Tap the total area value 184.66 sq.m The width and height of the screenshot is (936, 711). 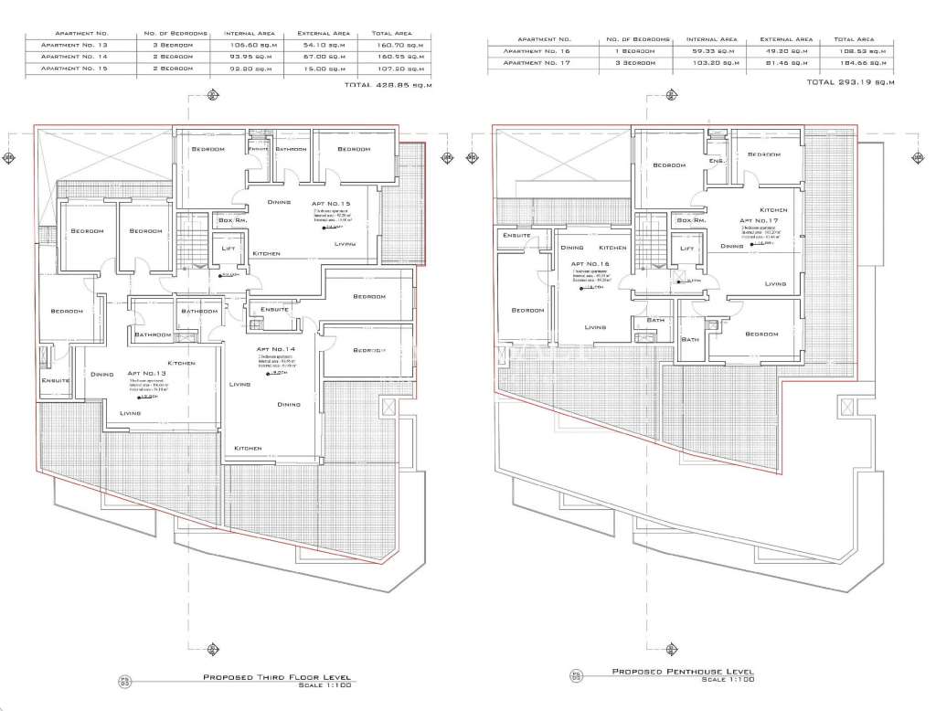coord(853,64)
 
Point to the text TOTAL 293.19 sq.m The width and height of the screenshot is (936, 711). coord(849,82)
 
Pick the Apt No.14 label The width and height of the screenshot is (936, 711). coord(275,349)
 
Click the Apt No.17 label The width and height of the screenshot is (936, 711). coord(760,220)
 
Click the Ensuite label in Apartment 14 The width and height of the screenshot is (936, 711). coord(274,309)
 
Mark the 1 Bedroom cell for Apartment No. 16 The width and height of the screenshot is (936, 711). coord(637,52)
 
